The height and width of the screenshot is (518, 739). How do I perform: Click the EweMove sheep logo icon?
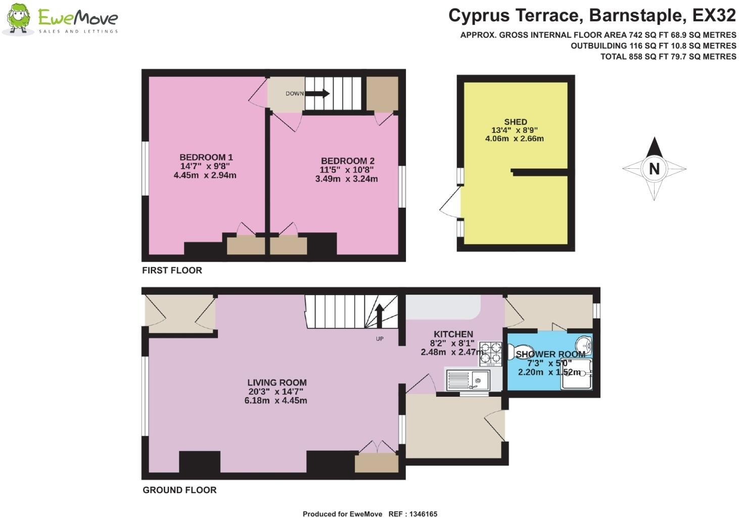(19, 20)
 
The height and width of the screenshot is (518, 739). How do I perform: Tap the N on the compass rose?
(654, 169)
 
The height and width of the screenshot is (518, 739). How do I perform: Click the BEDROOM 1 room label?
(206, 157)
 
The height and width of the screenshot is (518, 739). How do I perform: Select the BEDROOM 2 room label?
(347, 161)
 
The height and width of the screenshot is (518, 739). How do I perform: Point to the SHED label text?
(515, 122)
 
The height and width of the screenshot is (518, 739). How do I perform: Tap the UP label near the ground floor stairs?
(380, 339)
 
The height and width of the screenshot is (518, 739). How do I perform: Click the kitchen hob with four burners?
(490, 353)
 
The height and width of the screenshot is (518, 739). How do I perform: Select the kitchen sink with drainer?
(468, 380)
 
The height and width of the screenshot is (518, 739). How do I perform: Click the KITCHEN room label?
(453, 334)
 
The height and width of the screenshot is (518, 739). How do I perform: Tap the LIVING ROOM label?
(276, 383)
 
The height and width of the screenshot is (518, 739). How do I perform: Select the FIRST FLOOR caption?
(172, 270)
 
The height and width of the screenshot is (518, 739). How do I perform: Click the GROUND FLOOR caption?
(179, 490)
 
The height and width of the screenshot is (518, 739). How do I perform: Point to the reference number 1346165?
(420, 514)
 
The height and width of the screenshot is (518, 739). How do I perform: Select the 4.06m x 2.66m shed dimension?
(514, 138)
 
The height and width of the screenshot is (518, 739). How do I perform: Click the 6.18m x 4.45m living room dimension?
(275, 400)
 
